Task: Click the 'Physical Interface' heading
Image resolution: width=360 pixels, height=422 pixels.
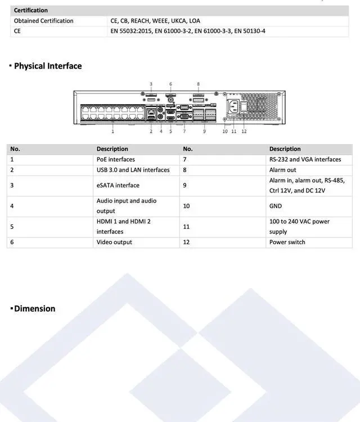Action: pos(48,66)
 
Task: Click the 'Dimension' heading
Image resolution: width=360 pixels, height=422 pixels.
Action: pos(34,308)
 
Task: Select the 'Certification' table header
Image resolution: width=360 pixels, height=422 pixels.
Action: pos(31,10)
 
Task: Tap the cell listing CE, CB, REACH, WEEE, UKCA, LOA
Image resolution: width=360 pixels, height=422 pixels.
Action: pos(155,21)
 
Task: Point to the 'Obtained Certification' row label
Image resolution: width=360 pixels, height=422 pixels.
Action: pos(44,21)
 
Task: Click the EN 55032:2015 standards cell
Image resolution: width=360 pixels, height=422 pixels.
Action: pos(188,31)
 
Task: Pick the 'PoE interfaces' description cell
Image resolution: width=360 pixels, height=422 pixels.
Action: pos(116,159)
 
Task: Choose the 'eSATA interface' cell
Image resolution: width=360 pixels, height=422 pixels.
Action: pos(118,185)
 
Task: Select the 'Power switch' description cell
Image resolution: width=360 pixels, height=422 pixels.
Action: pos(287,242)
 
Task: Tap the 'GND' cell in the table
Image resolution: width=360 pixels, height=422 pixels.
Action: pos(276,206)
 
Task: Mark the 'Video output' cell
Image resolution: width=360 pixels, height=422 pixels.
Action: pos(114,242)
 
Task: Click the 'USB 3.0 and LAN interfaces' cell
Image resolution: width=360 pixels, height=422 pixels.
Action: pos(133,170)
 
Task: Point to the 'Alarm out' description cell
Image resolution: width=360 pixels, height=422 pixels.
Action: pos(283,170)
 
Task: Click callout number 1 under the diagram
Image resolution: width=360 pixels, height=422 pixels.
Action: pos(113,132)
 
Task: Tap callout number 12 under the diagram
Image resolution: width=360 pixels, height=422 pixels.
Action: pos(244,132)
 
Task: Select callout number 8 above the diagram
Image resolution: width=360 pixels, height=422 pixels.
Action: pos(199,84)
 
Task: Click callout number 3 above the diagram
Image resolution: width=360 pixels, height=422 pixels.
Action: pos(151,84)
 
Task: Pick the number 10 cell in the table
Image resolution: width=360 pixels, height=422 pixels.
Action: pos(187,206)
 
